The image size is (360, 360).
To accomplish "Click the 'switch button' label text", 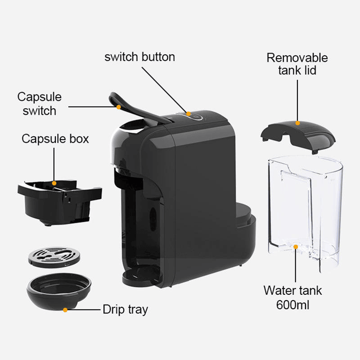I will [x=139, y=57].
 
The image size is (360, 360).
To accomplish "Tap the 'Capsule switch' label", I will [x=40, y=103].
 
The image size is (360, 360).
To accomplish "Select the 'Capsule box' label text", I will [x=55, y=138].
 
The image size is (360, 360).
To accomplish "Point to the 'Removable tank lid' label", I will [x=297, y=64].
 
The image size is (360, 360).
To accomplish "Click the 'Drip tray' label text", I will [x=125, y=310].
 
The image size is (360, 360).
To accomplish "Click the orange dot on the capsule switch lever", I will [x=118, y=107].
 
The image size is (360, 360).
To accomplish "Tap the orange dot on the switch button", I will [x=189, y=114].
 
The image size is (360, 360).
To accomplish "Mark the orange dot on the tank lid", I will [x=297, y=122].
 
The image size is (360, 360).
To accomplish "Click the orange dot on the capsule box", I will [x=54, y=184].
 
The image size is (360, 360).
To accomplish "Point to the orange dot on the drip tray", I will [x=65, y=310].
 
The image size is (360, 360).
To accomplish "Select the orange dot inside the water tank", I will [x=296, y=247].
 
